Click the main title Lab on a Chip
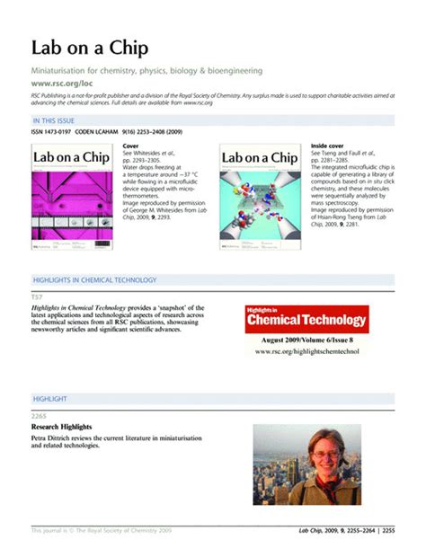(90, 48)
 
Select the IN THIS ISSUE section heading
(57, 119)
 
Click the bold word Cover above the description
(131, 145)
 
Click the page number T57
(38, 296)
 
